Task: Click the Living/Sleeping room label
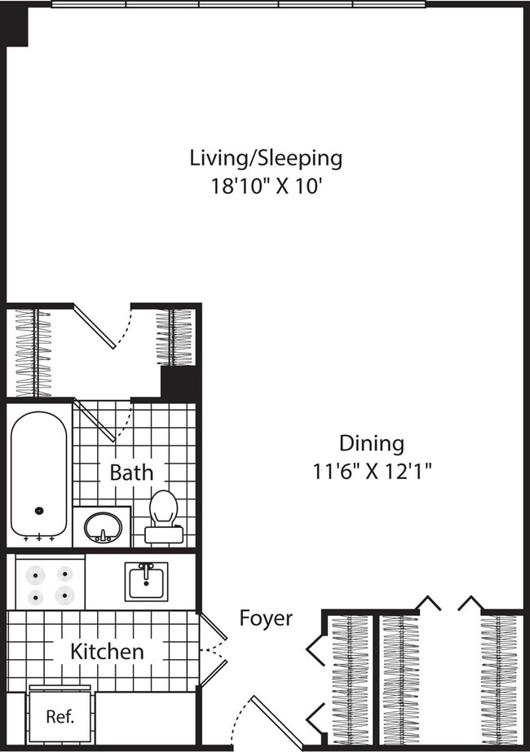click(266, 157)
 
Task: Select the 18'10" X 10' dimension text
click(266, 186)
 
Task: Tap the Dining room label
click(371, 443)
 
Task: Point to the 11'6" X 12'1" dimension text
click(371, 471)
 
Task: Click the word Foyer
click(266, 618)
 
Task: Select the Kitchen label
click(107, 652)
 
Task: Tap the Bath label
click(131, 472)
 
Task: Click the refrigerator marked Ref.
click(60, 717)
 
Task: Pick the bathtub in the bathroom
click(39, 474)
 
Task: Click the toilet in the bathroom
click(164, 514)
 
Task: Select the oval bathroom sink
click(103, 527)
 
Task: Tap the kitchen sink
click(147, 582)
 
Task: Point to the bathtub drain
click(38, 511)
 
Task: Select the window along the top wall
click(238, 4)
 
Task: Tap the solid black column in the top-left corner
click(16, 28)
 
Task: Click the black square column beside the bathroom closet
click(179, 382)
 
